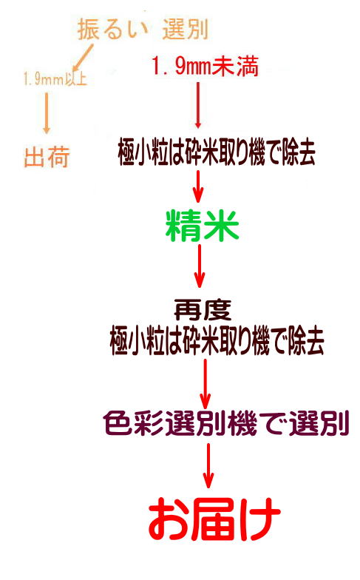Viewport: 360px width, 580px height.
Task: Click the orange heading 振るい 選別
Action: tap(143, 30)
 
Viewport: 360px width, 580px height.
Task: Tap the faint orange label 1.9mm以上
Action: tap(55, 78)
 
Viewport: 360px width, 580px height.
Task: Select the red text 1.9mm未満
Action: tap(205, 67)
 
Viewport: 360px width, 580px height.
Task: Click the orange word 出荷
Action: tap(47, 157)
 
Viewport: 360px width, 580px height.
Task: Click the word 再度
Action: tap(203, 309)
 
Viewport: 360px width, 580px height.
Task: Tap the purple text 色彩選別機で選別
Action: tap(226, 423)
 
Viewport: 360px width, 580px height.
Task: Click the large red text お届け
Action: tap(214, 519)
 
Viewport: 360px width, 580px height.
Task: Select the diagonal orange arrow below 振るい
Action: tap(83, 58)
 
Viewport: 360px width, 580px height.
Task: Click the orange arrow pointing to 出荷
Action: tap(46, 113)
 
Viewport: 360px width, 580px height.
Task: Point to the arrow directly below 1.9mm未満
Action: tap(198, 105)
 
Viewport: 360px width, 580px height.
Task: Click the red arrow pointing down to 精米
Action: tap(198, 186)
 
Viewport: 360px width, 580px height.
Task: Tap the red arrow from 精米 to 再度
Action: tap(200, 266)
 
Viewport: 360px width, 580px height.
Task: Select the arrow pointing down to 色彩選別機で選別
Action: tap(206, 383)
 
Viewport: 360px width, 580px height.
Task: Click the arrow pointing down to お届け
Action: tap(208, 465)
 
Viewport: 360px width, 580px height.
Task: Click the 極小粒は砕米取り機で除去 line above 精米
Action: tap(217, 151)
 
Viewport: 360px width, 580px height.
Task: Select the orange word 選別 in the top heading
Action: tap(186, 30)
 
